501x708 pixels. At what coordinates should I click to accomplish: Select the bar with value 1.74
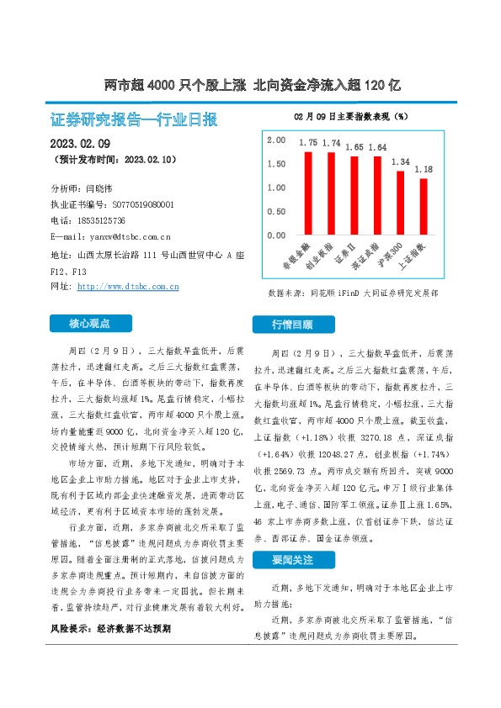point(331,193)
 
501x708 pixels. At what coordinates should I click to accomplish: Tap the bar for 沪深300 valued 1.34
point(400,203)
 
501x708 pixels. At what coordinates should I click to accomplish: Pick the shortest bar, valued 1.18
point(424,207)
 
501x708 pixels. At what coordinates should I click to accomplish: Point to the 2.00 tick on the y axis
point(276,140)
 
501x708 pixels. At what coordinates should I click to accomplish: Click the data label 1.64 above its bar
point(377,147)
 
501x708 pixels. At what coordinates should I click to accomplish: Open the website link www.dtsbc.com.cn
point(128,287)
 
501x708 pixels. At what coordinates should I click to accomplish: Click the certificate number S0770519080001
point(136,204)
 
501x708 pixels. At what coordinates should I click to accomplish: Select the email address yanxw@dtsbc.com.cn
point(123,236)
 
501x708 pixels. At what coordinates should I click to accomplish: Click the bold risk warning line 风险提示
point(110,628)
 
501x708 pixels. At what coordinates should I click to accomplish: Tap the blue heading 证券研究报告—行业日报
point(134,119)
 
